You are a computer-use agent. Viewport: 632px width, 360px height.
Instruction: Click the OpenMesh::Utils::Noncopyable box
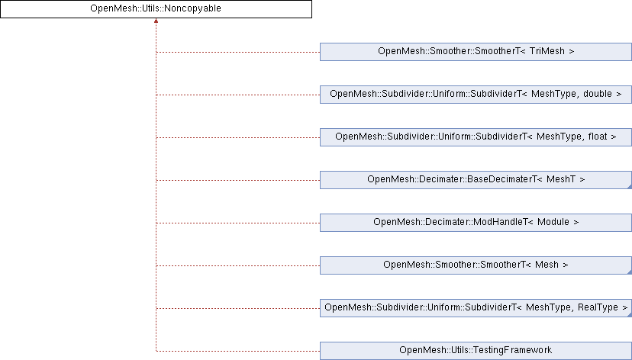pos(156,9)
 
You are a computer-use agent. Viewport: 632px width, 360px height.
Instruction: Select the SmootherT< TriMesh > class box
pos(476,52)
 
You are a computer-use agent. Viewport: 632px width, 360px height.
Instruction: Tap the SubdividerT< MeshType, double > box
pos(476,95)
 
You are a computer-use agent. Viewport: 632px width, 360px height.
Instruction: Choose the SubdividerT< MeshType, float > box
pos(476,137)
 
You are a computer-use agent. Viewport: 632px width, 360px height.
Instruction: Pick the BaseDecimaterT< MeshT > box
pos(476,180)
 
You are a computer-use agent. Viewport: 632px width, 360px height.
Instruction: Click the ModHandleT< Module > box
pos(476,223)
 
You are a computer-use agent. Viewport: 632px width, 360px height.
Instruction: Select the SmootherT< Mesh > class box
pos(476,265)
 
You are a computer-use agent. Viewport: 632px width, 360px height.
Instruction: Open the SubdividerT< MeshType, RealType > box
pos(476,308)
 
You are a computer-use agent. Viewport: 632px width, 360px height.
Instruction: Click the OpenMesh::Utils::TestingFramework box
pos(476,351)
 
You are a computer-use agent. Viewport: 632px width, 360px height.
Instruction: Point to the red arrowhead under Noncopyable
pos(156,21)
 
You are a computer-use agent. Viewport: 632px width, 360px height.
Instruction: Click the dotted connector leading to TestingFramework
pos(238,351)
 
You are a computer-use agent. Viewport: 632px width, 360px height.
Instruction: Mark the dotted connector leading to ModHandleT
pos(238,223)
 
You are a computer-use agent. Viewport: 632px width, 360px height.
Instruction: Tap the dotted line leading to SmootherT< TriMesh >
pos(238,53)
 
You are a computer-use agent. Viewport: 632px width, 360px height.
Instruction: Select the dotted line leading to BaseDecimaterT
pos(238,181)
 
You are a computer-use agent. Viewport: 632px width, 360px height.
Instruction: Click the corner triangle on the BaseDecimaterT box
pos(630,186)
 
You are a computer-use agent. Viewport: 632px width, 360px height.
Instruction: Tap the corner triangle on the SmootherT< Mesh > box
pos(630,272)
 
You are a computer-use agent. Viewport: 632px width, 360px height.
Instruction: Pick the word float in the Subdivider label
pos(598,137)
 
